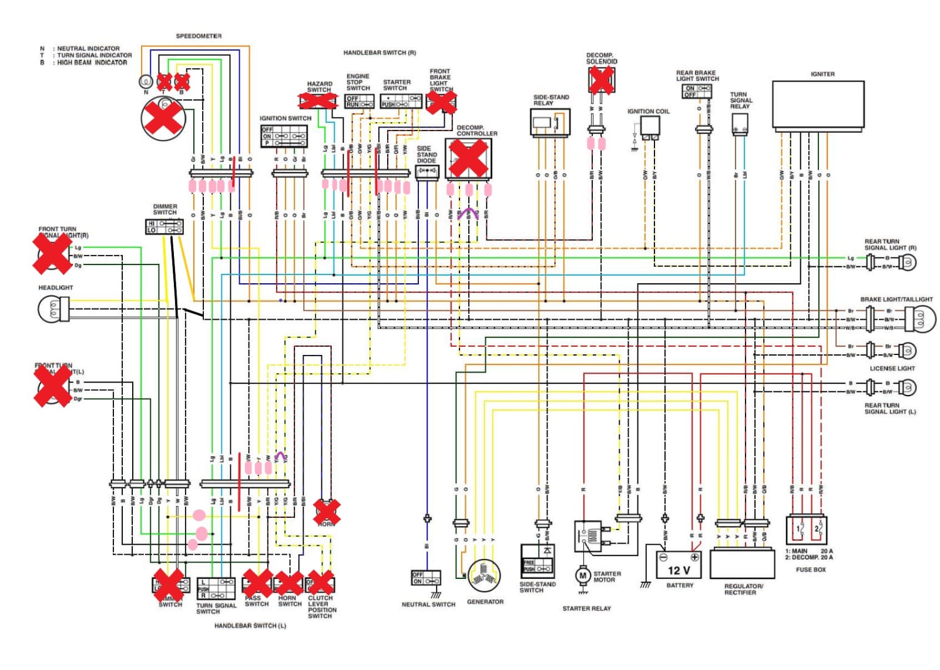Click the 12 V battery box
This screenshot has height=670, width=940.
pyautogui.click(x=680, y=565)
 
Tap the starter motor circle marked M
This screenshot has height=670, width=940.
pyautogui.click(x=582, y=575)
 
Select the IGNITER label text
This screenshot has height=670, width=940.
pyautogui.click(x=822, y=74)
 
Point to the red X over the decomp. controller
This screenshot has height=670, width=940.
pyautogui.click(x=468, y=158)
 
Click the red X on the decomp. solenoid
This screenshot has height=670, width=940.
pyautogui.click(x=601, y=79)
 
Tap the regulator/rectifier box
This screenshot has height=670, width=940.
pyautogui.click(x=742, y=564)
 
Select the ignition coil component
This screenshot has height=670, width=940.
pyautogui.click(x=649, y=127)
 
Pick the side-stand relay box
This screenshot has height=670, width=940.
pyautogui.click(x=550, y=123)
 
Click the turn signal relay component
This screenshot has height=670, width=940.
pyautogui.click(x=740, y=124)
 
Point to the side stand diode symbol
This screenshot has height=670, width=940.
pyautogui.click(x=427, y=171)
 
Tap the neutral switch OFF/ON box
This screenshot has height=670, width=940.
pyautogui.click(x=426, y=578)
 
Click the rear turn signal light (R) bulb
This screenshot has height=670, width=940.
pyautogui.click(x=908, y=262)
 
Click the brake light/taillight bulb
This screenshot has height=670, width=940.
pyautogui.click(x=919, y=319)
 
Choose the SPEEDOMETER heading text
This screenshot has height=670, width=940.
pyautogui.click(x=199, y=36)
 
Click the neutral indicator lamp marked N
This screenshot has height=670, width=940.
pyautogui.click(x=146, y=82)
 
